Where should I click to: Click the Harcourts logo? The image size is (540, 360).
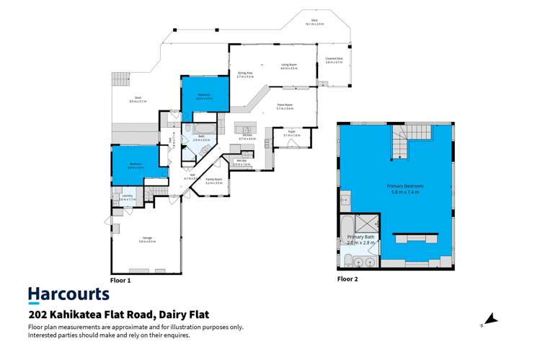point(68,294)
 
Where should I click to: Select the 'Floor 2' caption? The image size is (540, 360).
point(347,278)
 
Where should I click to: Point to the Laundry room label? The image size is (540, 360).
point(127,196)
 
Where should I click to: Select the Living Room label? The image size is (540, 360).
point(288,66)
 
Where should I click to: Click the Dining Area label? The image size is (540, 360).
point(244,74)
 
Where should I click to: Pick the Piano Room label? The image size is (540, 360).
point(285,107)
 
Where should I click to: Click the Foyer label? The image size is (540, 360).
point(292,133)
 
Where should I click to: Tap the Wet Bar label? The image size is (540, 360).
point(242,163)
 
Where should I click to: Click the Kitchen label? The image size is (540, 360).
point(247,136)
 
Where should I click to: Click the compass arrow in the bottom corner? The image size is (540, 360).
point(490,318)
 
